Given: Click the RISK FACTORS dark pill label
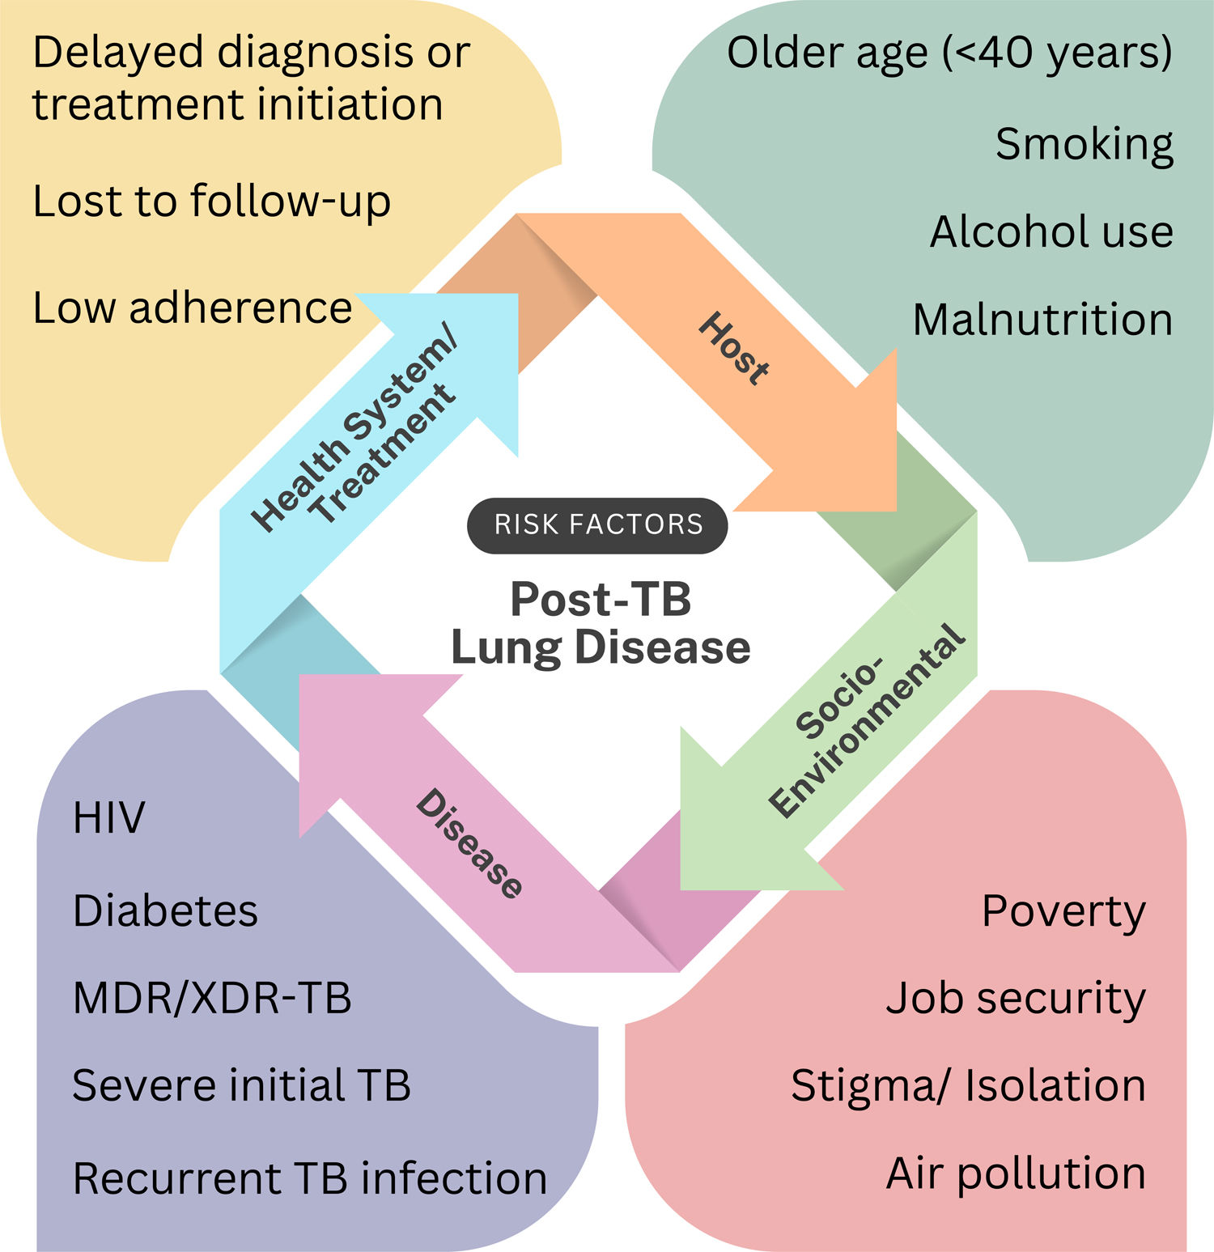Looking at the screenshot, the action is point(598,525).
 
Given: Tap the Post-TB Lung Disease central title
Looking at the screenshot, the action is point(601,623).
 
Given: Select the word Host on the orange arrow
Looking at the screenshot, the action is point(733,348).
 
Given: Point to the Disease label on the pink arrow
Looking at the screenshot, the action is point(469,843).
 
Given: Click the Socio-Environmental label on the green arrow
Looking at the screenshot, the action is point(866,720).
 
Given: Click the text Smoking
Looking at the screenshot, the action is point(1084,144).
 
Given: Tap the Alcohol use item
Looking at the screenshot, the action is point(1051,231).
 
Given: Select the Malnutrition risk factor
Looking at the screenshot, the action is point(1042,319).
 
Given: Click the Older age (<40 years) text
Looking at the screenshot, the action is point(949,53).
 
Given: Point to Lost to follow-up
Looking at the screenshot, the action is point(211,201).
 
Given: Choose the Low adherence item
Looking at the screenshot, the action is point(193,308).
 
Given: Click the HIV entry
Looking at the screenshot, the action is point(108,817).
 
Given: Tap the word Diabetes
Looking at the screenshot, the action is point(165,910).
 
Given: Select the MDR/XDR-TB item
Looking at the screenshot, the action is point(212,998).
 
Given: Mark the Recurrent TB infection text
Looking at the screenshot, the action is point(310,1178).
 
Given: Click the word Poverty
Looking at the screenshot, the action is point(1063,912).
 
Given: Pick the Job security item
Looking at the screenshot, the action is point(1016,999).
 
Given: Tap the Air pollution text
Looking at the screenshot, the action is point(1016,1173).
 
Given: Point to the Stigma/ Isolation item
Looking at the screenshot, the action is point(968,1085).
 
